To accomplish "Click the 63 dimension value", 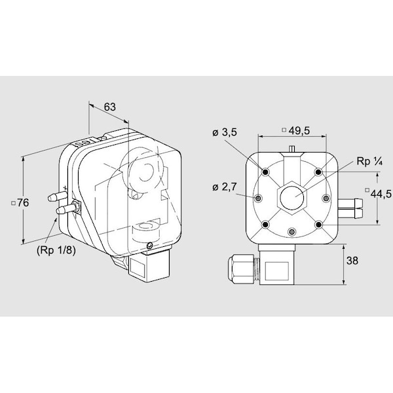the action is [110, 107].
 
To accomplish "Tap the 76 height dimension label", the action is [23, 203].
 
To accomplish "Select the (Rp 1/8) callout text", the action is [56, 250].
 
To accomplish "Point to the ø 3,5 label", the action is [224, 132].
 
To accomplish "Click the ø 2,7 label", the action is [224, 187].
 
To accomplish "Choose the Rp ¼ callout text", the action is [369, 161].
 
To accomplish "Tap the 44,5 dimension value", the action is [381, 194].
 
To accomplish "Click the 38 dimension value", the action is [352, 261].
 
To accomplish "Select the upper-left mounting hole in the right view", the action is [266, 172].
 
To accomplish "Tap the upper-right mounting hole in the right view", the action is [318, 172].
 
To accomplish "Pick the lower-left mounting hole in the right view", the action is [266, 225].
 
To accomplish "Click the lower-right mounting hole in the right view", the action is [318, 225].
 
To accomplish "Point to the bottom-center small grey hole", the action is [291, 232].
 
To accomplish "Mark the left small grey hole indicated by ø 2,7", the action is [258, 198].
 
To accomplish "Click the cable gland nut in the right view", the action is [241, 269].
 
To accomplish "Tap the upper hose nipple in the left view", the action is [57, 196].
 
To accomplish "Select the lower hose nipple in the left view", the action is [66, 209].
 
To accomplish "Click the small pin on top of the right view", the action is [291, 149].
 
